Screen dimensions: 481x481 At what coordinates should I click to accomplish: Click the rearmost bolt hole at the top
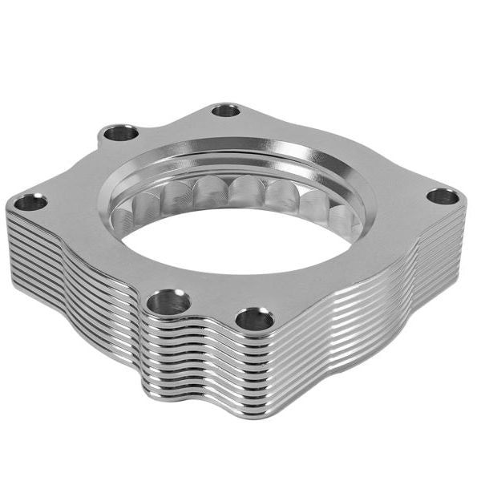pyautogui.click(x=227, y=110)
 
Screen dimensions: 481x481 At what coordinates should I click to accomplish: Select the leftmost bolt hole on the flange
pyautogui.click(x=31, y=202)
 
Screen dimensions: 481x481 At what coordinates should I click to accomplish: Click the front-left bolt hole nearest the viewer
pyautogui.click(x=169, y=301)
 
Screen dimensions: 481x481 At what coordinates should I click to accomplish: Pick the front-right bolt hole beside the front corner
pyautogui.click(x=254, y=319)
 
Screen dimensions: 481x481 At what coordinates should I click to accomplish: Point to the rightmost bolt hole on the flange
pyautogui.click(x=442, y=196)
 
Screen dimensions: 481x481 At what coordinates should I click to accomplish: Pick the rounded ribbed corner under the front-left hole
pyautogui.click(x=160, y=353)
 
